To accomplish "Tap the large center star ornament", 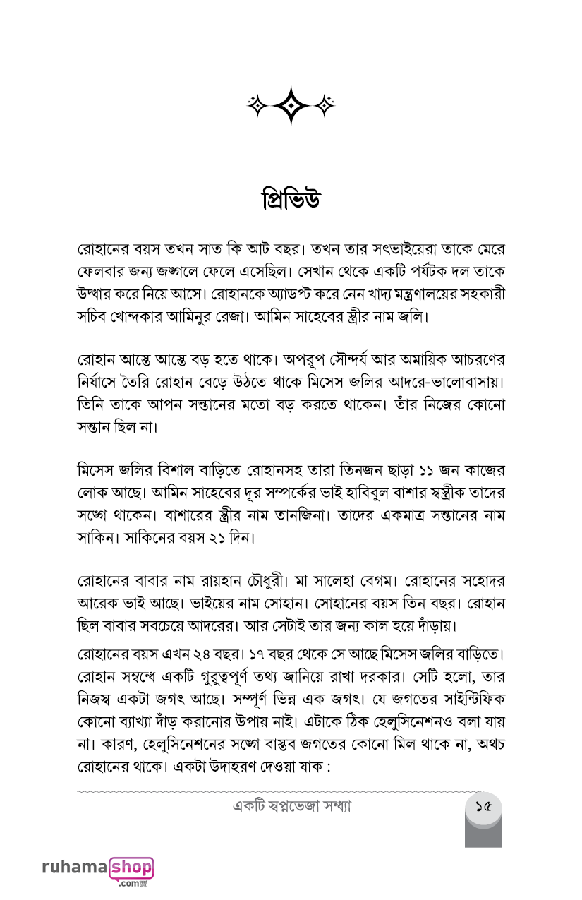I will click(x=290, y=105).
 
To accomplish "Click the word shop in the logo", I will click(x=131, y=866).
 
